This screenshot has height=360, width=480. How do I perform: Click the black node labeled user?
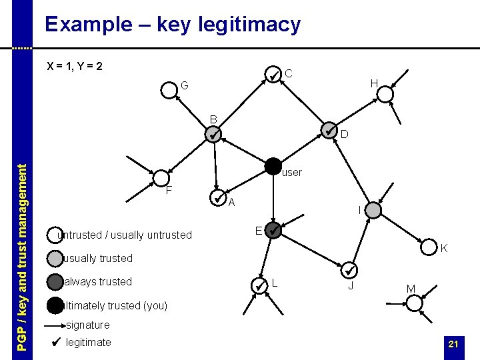point(273,166)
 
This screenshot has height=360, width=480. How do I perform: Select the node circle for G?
point(168,91)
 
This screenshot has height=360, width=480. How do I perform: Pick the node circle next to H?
point(385,94)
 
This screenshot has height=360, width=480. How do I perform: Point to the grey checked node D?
point(329,130)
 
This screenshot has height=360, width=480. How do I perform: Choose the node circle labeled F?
point(162,178)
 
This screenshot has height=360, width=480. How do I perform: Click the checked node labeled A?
point(218,198)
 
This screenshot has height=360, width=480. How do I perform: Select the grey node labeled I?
point(374,211)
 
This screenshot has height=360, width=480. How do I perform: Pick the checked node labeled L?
point(260,285)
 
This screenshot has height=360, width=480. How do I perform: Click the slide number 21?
point(453,344)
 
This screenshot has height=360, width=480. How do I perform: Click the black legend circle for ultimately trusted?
point(55,305)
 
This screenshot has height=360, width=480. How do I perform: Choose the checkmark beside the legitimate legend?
point(56,343)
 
